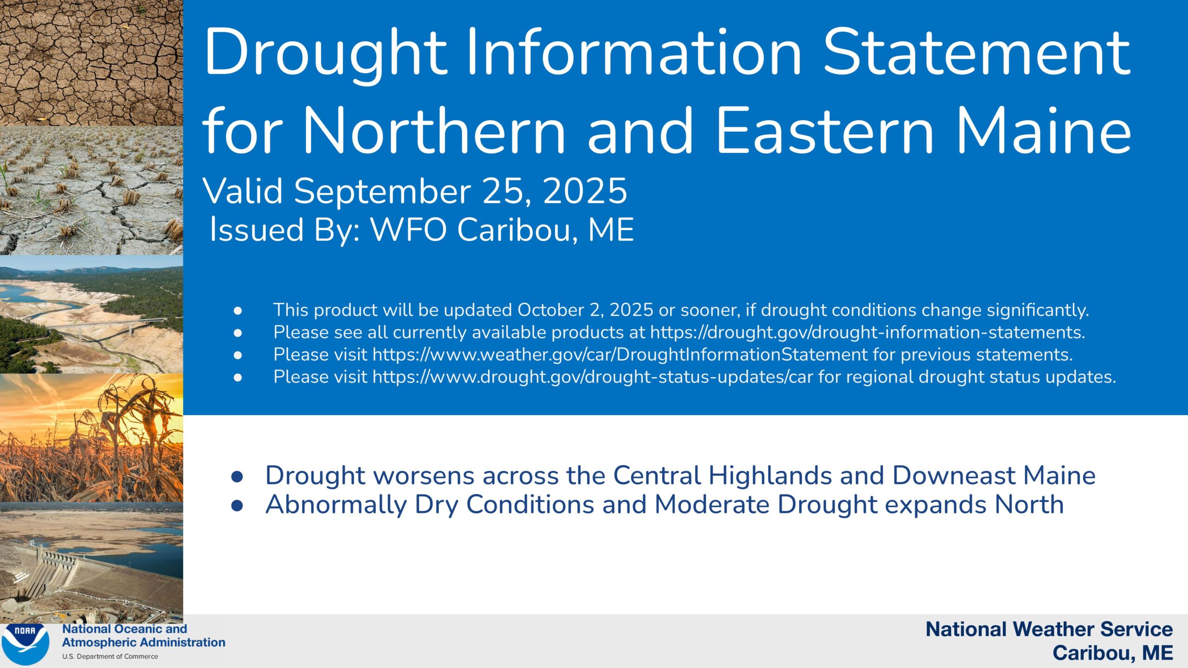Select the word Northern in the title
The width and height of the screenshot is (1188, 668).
click(434, 131)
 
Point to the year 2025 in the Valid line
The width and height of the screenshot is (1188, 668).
click(585, 191)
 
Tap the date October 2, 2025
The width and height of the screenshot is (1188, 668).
click(585, 310)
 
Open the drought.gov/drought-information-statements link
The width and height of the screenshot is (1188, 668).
click(867, 332)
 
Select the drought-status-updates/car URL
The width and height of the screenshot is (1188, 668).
click(593, 377)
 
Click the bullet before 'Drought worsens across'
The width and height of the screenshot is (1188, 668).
click(237, 476)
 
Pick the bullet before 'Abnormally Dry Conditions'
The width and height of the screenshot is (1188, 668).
click(237, 506)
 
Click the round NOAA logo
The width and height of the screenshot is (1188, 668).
click(26, 643)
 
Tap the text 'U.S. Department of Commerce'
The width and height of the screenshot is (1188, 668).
click(110, 656)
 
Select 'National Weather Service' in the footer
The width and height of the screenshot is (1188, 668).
click(1049, 629)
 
